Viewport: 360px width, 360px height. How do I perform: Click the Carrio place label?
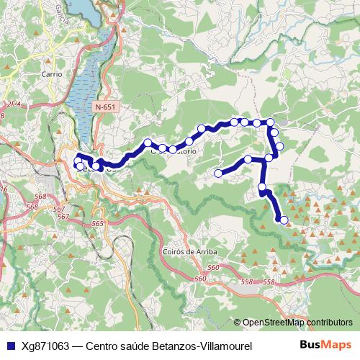[52, 74]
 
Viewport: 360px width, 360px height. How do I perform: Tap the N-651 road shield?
[104, 107]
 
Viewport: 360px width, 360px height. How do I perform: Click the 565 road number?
[98, 225]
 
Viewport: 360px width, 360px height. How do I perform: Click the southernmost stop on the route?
[283, 220]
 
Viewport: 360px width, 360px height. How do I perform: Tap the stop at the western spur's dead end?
[218, 173]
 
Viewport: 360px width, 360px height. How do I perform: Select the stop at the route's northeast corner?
[271, 123]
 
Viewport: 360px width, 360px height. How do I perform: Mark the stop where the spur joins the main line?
[269, 158]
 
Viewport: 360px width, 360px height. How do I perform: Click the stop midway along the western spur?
[248, 159]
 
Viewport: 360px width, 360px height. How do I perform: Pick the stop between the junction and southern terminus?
[262, 187]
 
